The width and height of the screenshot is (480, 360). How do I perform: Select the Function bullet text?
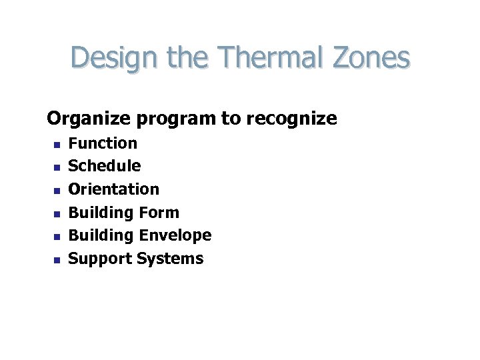coord(103,143)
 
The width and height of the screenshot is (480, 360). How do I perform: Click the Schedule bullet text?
coord(105,165)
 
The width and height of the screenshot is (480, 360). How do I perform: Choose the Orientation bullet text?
coord(115,189)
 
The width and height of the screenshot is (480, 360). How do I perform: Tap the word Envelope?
coord(175,235)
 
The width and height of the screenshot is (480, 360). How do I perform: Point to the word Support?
coord(101,259)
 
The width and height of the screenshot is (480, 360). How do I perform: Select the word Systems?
coord(170,259)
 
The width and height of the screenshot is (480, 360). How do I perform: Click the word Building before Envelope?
coord(101,235)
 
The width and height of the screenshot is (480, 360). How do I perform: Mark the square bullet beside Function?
coord(57,144)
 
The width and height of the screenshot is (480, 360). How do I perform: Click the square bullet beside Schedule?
coord(57,167)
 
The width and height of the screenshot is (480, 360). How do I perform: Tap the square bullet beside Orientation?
coord(57,191)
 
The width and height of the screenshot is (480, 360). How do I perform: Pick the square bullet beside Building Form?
coord(57,214)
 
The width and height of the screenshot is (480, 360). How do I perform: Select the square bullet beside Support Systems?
coord(57,261)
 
